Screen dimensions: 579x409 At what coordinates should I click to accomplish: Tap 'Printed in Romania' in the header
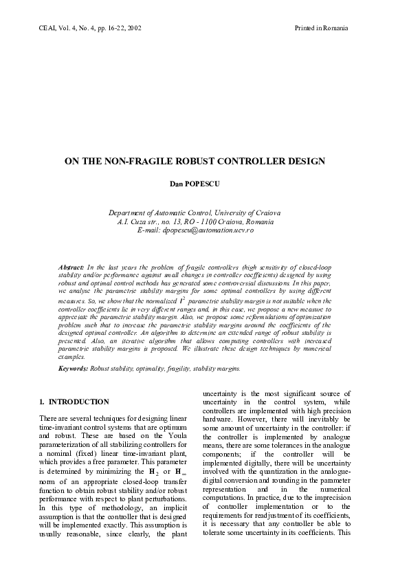[321, 28]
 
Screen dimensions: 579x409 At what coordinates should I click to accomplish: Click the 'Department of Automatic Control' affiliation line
[195, 213]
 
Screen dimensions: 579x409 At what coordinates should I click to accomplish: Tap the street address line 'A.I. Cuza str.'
[195, 221]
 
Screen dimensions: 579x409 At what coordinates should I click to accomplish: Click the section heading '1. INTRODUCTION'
[74, 402]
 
